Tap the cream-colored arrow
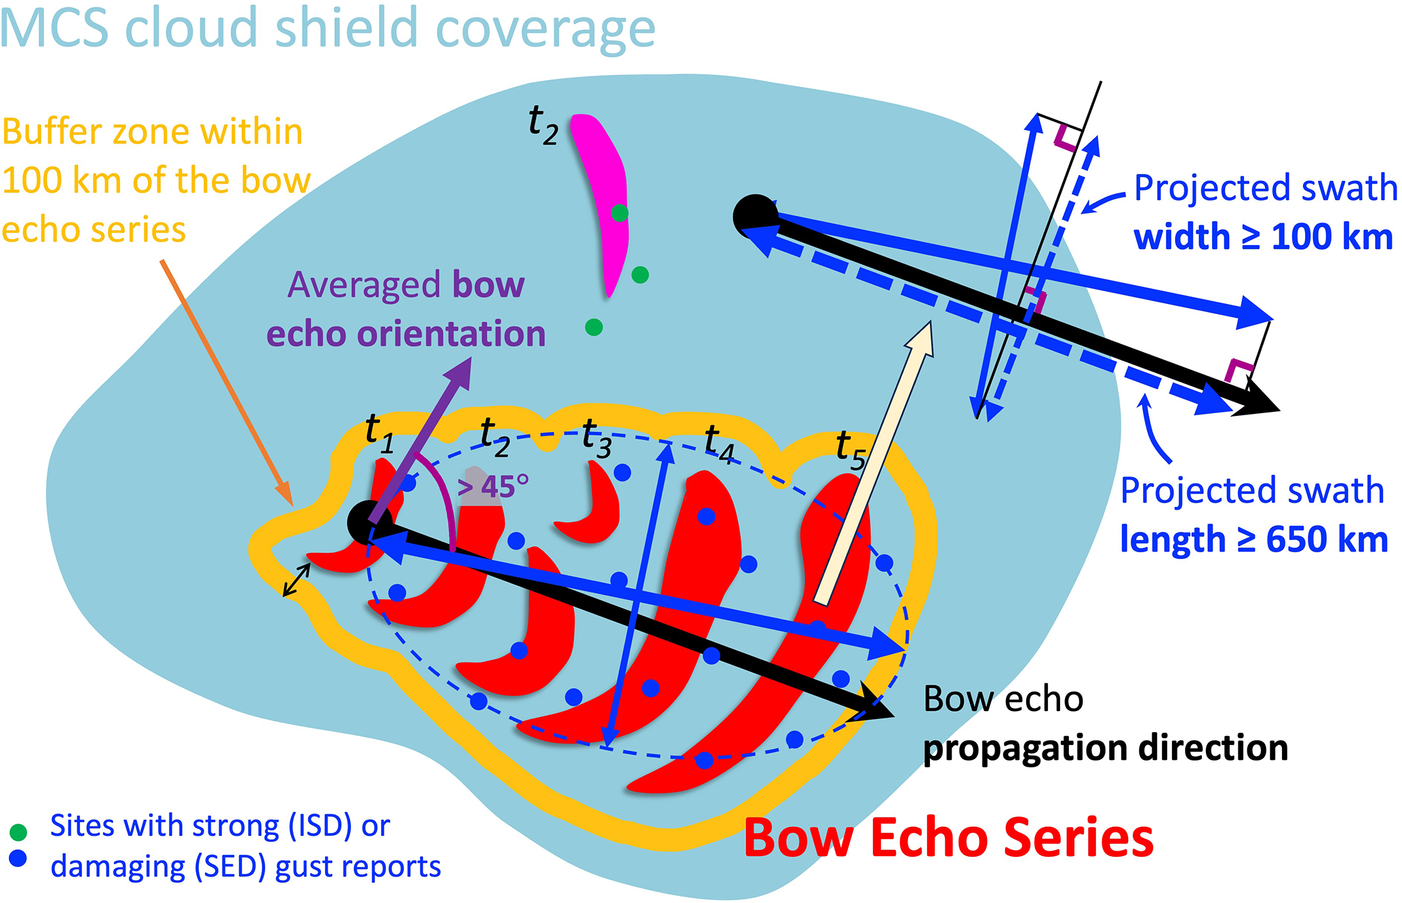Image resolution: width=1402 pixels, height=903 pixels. [875, 461]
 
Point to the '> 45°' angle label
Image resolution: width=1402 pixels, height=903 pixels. [492, 486]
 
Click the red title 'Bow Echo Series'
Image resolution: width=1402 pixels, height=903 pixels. [948, 839]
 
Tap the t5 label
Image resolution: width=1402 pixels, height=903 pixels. [851, 450]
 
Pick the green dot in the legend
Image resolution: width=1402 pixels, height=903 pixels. [18, 832]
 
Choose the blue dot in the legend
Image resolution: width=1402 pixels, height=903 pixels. [18, 858]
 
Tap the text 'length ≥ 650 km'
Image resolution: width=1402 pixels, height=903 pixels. [1253, 540]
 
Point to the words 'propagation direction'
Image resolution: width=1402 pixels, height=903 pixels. [1105, 748]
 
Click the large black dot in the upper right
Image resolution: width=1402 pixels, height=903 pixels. [755, 216]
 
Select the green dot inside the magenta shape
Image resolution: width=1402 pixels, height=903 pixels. [619, 213]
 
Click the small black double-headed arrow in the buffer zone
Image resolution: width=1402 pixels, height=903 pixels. [296, 581]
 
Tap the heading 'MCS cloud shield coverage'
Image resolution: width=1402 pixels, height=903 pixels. [328, 28]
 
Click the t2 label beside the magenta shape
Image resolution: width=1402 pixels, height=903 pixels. [543, 126]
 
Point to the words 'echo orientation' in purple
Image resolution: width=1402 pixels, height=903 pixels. [406, 334]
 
